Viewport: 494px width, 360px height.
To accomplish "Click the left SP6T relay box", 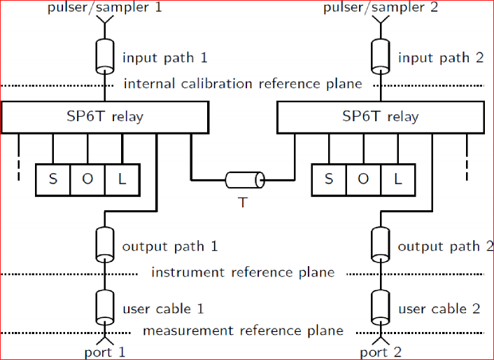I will [x=105, y=117].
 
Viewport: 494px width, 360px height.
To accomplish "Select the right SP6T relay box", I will [x=380, y=117].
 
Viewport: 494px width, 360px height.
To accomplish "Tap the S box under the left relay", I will [x=53, y=179].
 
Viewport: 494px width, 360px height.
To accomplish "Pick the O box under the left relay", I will [x=87, y=179].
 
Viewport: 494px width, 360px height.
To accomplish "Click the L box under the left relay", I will [x=122, y=179].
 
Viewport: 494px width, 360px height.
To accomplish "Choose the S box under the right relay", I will [x=329, y=179].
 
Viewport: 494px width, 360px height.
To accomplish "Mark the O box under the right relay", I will [x=363, y=179].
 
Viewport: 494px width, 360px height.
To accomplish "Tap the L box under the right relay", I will [x=397, y=179].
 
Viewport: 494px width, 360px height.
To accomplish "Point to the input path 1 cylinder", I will [x=105, y=57].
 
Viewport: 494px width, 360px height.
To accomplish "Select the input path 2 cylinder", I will [x=381, y=57].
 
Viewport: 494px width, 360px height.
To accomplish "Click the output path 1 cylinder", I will [x=105, y=244].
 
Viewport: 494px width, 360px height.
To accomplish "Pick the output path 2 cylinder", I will [x=381, y=244].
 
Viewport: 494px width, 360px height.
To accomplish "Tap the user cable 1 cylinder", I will [x=105, y=306].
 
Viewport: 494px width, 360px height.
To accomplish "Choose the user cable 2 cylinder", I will [x=381, y=306].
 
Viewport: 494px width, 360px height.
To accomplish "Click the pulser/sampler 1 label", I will [x=105, y=8].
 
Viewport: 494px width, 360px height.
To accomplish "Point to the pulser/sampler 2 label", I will [x=381, y=8].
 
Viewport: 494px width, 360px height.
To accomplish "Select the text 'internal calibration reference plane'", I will [x=243, y=84].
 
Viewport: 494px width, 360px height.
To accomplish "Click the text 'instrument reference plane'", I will [x=243, y=272].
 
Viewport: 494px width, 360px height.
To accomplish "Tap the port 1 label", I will [x=105, y=352].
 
